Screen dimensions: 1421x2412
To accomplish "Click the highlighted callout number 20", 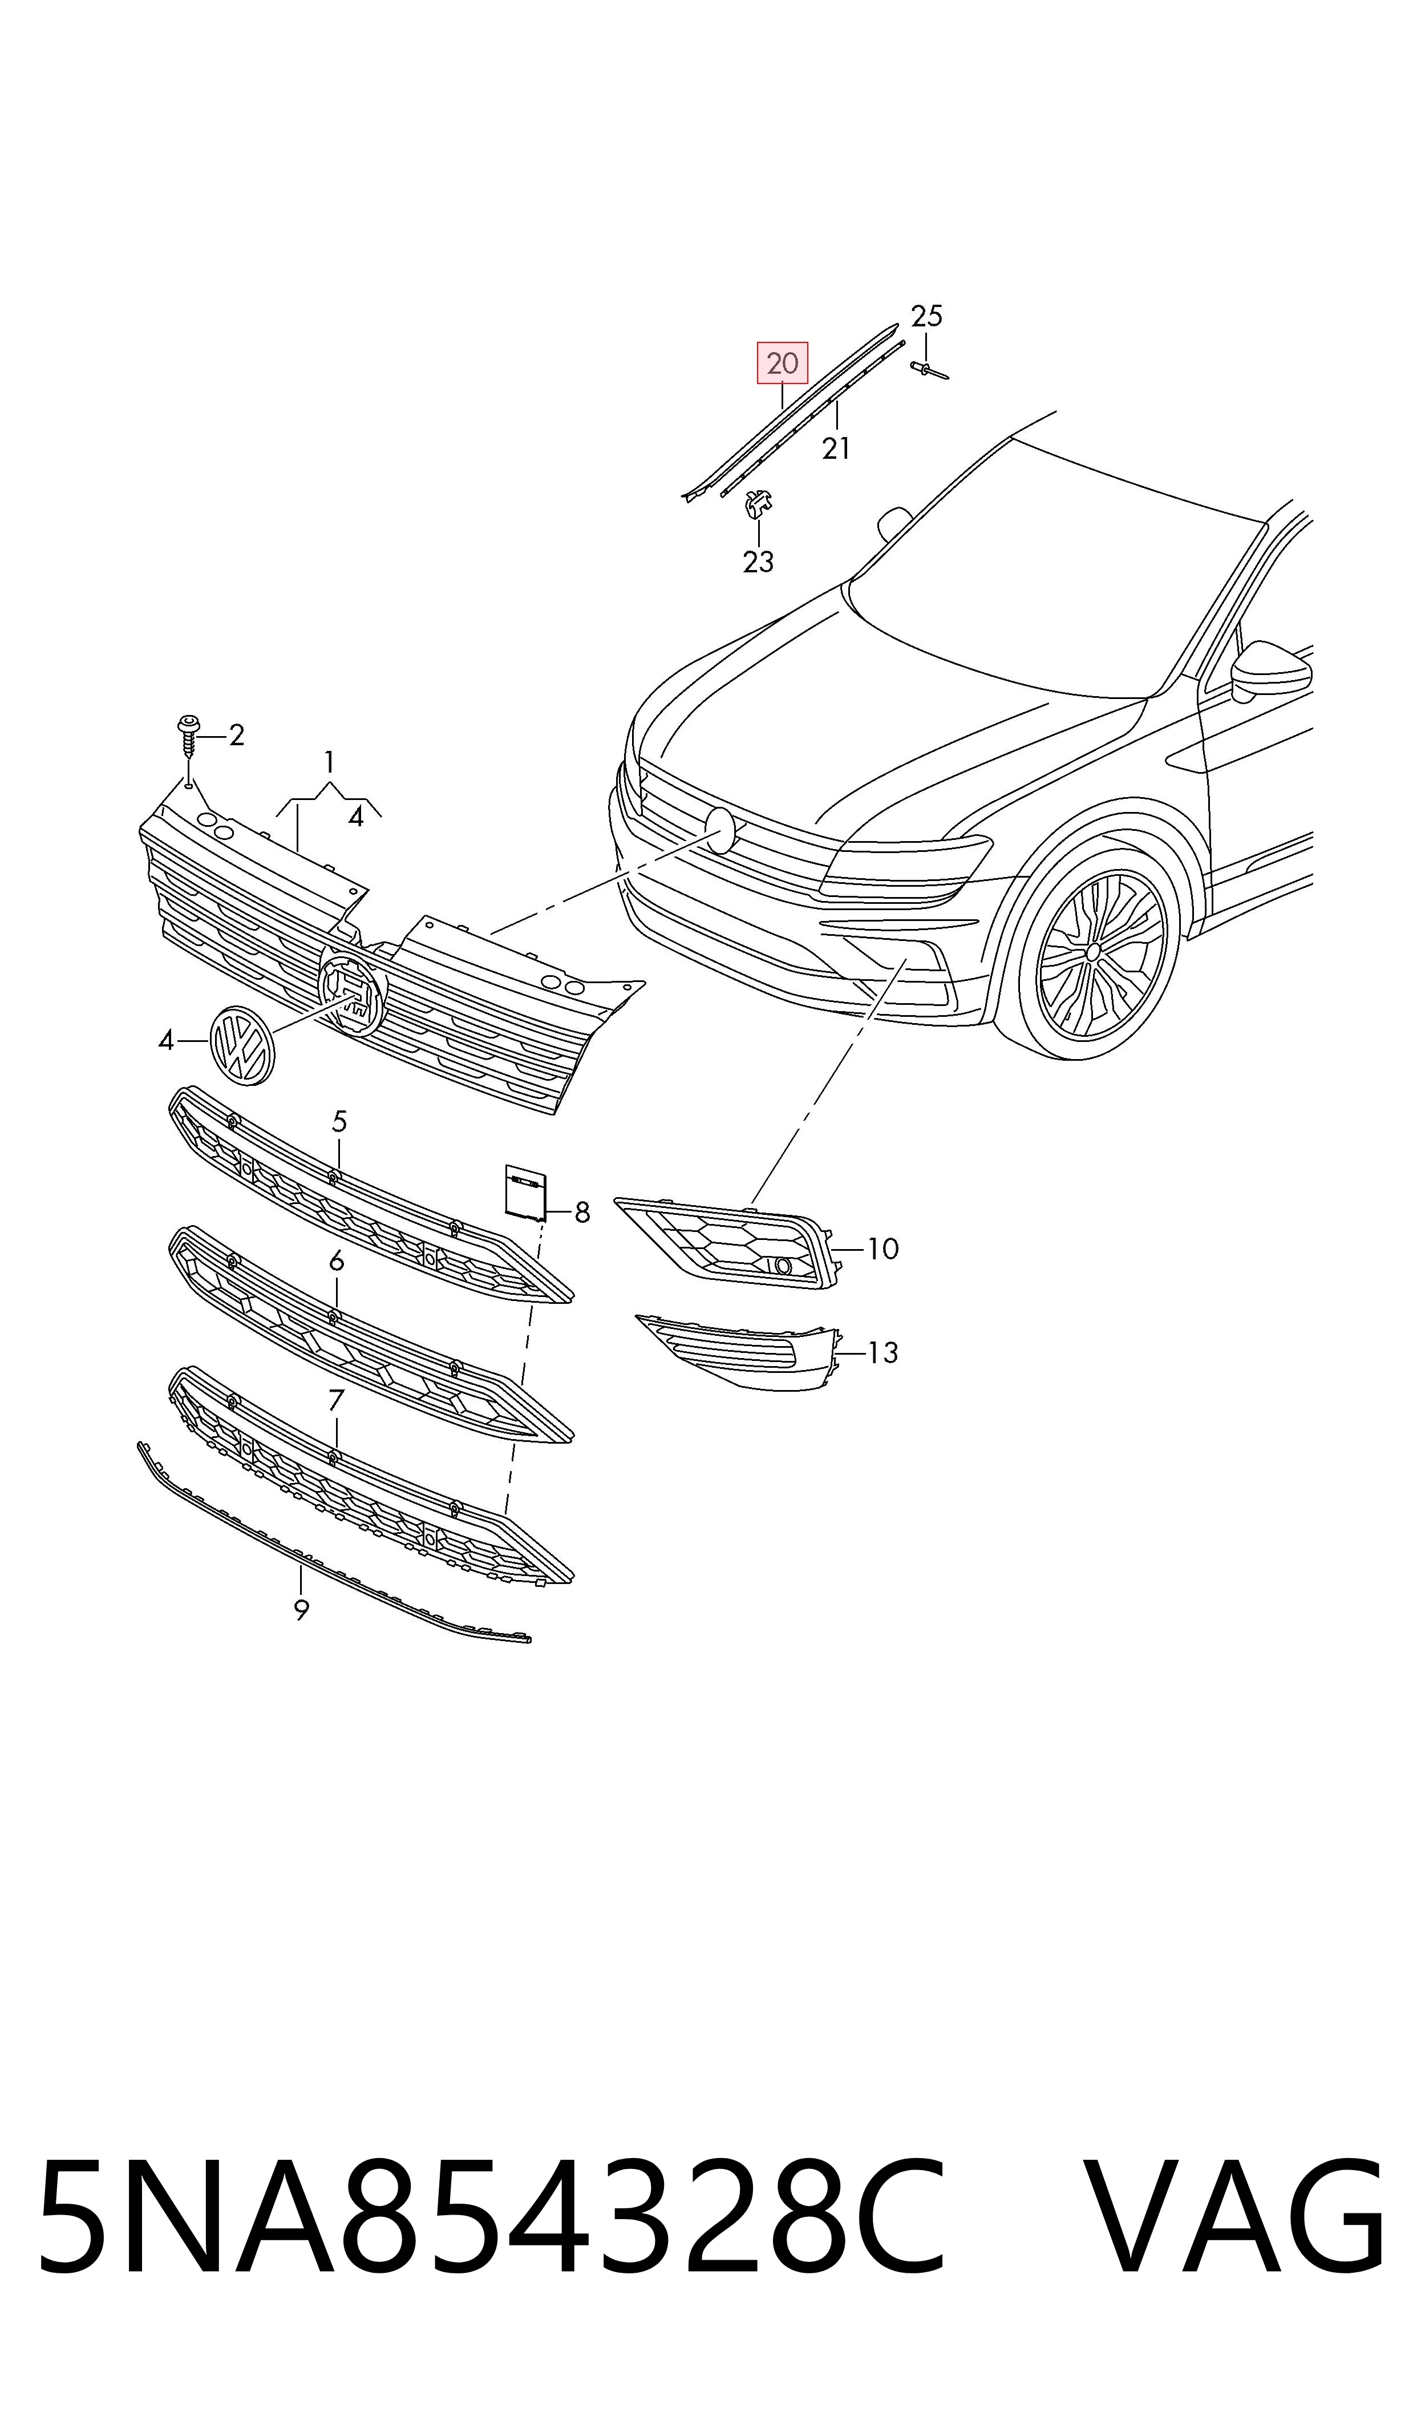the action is point(782,363).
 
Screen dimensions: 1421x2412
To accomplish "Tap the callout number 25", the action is point(926,316).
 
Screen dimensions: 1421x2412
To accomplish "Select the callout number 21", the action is point(836,447).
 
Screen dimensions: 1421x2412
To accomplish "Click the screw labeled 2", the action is point(189,737).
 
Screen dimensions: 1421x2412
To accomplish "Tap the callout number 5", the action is point(339,1121).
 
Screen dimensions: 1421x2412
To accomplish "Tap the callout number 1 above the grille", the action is point(329,762).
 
